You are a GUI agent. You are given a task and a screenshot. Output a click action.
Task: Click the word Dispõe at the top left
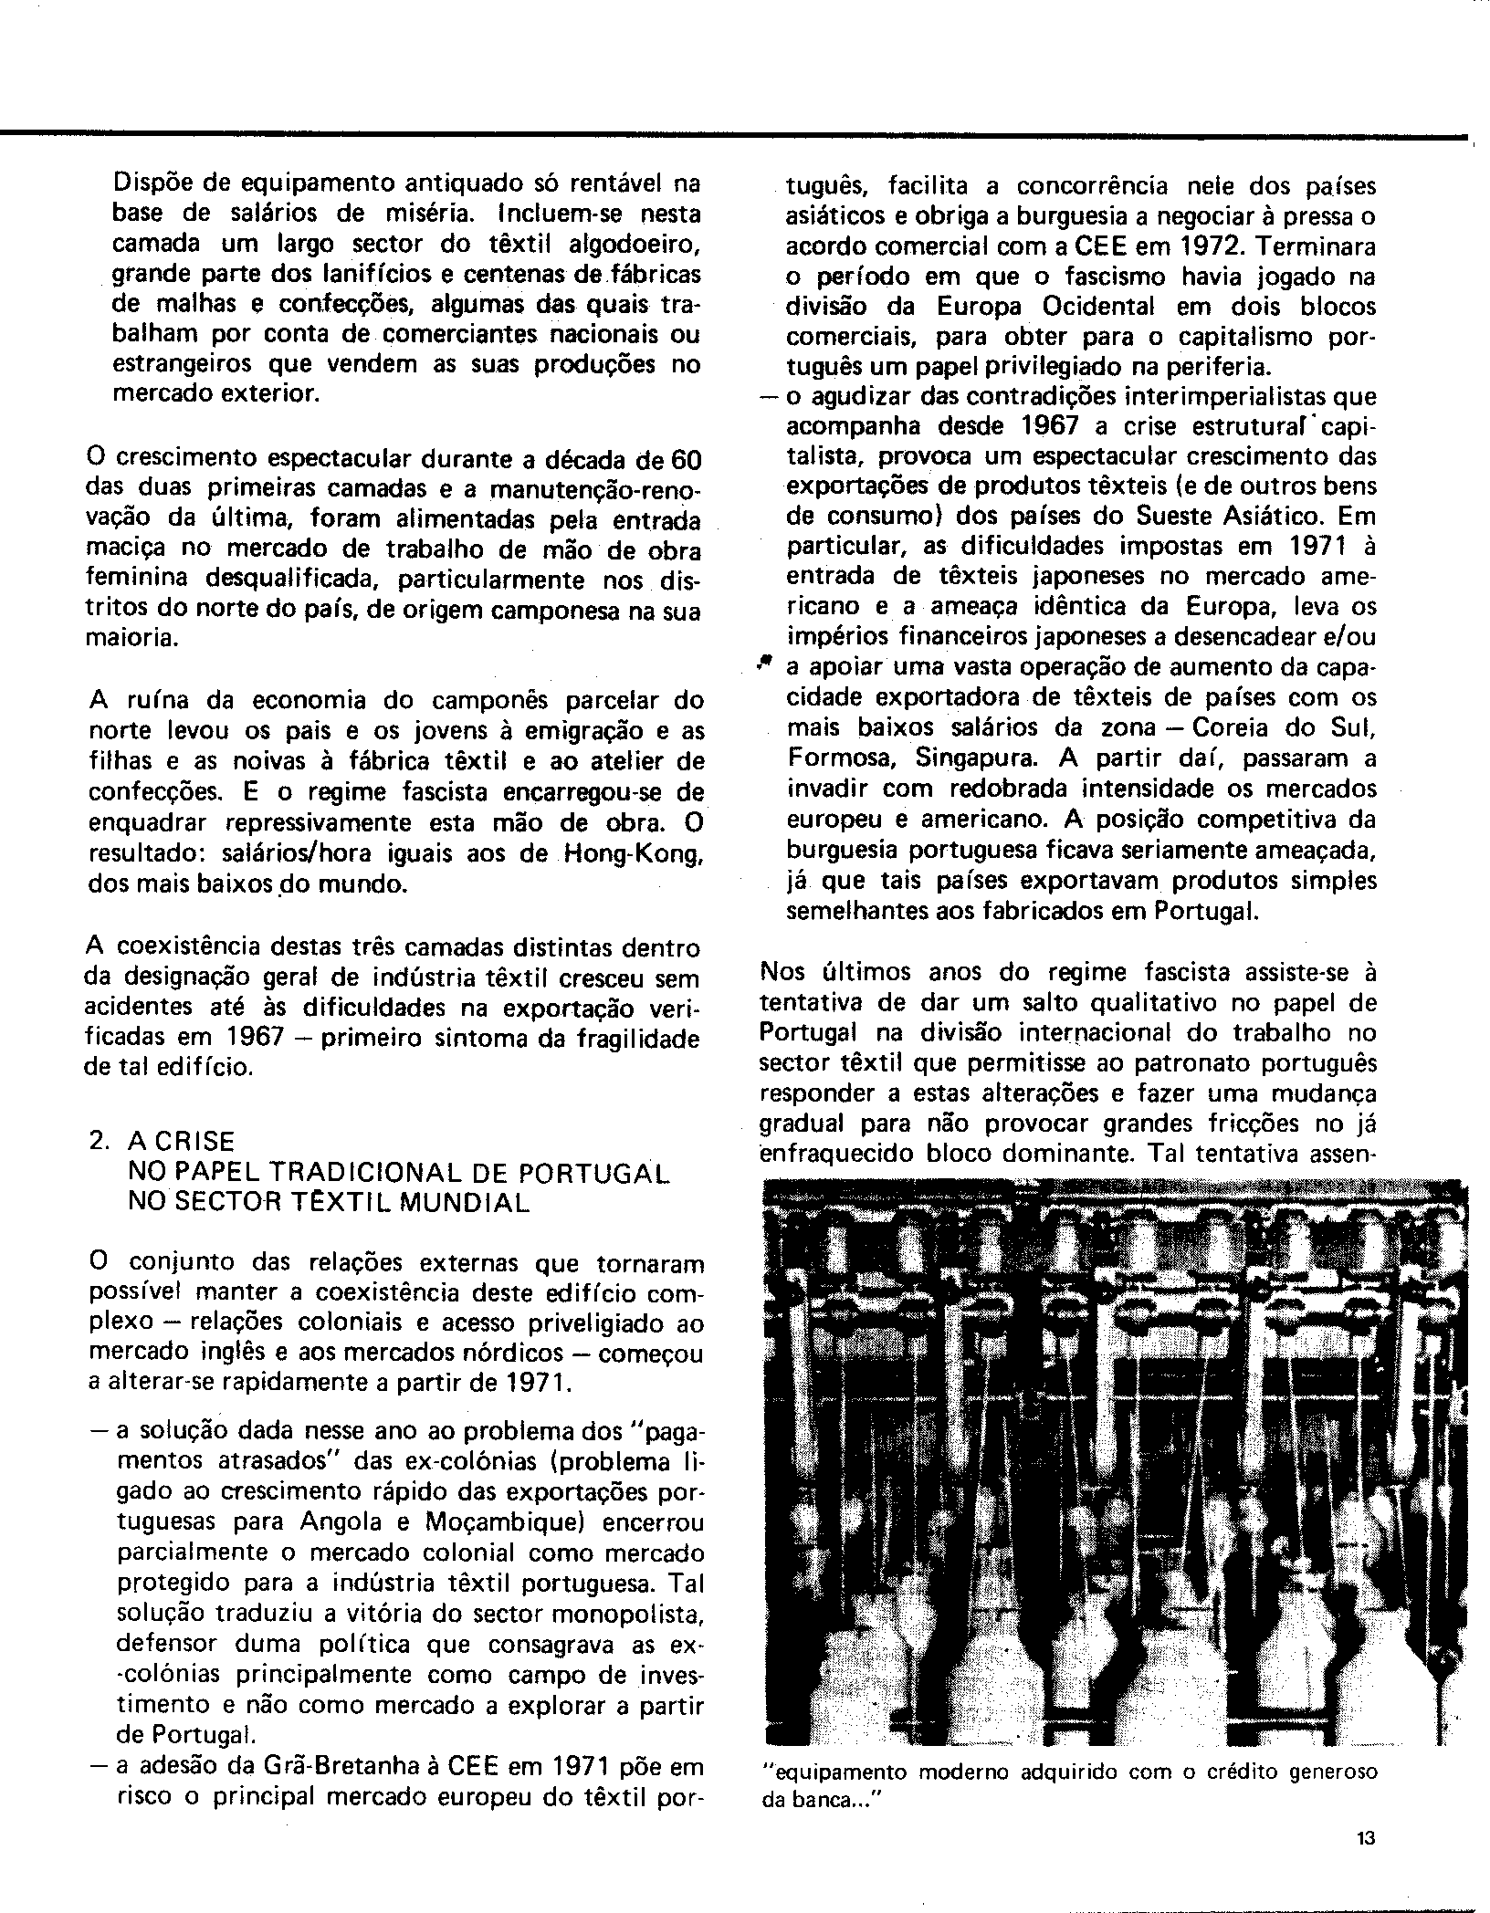[150, 183]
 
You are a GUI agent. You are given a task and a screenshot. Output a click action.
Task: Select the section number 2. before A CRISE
[101, 1142]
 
